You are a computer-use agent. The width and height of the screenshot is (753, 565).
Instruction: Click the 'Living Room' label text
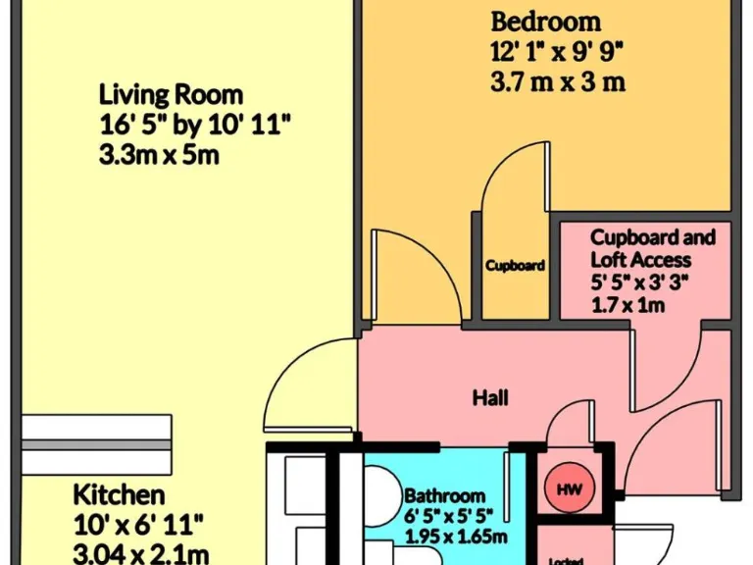click(x=171, y=96)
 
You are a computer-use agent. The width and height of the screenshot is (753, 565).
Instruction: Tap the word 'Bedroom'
click(x=546, y=22)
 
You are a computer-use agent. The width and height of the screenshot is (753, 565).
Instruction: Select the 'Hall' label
click(x=489, y=397)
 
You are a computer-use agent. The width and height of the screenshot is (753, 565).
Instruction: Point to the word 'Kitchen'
click(x=119, y=493)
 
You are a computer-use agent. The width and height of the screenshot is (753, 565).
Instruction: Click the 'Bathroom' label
click(x=444, y=496)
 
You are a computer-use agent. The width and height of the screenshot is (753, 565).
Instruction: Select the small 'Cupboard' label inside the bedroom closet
click(x=515, y=265)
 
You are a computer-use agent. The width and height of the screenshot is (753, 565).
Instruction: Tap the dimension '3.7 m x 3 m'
click(x=557, y=82)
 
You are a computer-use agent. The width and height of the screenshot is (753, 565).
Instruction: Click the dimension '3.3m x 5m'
click(x=159, y=156)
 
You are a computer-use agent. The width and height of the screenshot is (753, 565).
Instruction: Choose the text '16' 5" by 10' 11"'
click(x=195, y=126)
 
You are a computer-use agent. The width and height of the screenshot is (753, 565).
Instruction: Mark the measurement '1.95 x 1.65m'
click(x=456, y=536)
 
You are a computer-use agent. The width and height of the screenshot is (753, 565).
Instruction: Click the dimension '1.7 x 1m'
click(x=627, y=306)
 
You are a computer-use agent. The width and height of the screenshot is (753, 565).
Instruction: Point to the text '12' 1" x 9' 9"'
click(x=557, y=52)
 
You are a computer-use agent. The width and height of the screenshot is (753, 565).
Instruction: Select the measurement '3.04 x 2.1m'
click(x=140, y=552)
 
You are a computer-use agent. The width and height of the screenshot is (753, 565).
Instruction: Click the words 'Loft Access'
click(x=640, y=260)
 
